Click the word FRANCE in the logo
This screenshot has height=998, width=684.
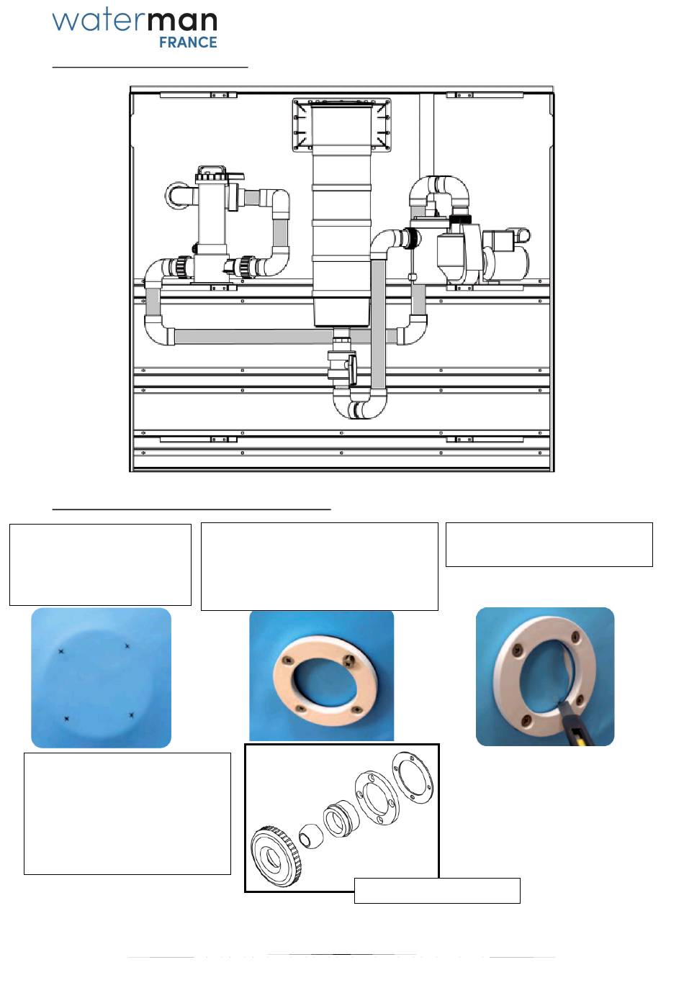pos(188,42)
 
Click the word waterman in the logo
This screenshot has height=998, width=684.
pos(135,22)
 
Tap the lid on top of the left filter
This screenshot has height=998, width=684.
pos(212,174)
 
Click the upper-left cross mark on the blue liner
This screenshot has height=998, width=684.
pos(61,652)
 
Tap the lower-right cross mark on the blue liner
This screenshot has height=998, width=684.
pos(131,715)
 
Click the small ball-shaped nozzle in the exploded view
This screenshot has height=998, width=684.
pos(311,838)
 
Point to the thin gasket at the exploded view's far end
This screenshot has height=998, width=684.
pos(412,776)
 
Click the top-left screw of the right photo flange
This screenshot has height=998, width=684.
pos(517,649)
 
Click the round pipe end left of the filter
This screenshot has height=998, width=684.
pos(176,196)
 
